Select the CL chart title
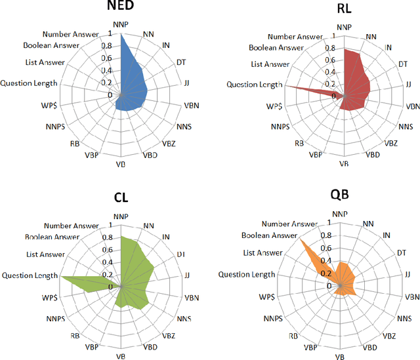121,197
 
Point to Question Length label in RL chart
254,84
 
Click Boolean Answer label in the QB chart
270,235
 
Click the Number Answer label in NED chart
70,34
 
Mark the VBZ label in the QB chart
389,335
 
